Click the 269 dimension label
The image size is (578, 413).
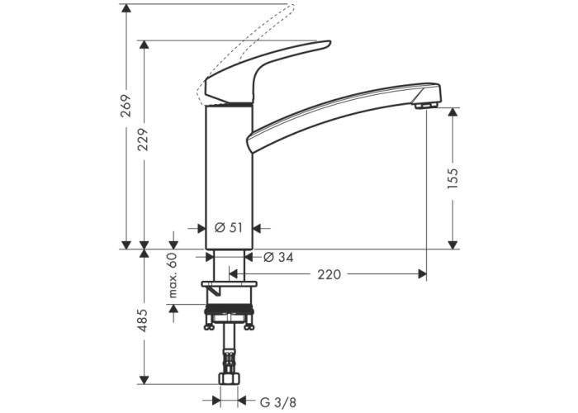tap(126, 106)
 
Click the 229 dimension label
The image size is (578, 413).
tap(144, 140)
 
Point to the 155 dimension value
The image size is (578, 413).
tap(452, 178)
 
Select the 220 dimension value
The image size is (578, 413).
tap(329, 274)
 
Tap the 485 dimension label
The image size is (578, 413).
tap(144, 320)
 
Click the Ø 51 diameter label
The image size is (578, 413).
tap(229, 228)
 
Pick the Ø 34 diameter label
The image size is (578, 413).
tap(279, 257)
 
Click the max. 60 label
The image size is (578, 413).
tap(173, 275)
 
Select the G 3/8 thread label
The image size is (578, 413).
tap(278, 402)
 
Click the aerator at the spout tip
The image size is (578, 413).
tap(427, 107)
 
